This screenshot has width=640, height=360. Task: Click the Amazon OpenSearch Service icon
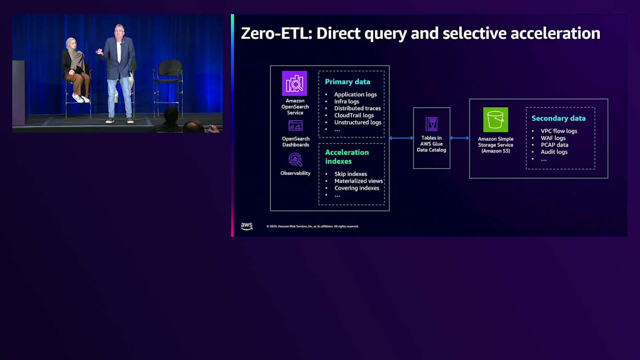[294, 83]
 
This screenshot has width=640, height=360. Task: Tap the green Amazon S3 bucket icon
[495, 119]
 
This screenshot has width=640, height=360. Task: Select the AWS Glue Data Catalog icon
[431, 124]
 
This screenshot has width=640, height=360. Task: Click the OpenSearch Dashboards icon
[295, 126]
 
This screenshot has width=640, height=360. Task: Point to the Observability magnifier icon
[295, 159]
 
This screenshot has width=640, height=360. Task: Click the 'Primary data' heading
[348, 82]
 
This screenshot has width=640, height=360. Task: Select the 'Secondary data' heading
[558, 118]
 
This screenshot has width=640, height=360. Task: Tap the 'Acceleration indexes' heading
[347, 156]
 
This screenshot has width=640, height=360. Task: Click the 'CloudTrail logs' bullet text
[354, 115]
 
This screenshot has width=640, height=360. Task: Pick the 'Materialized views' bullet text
[358, 181]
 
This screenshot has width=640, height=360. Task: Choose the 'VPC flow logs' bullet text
[559, 131]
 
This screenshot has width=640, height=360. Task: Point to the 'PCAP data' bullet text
[554, 145]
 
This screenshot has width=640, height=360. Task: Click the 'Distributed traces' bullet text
[357, 108]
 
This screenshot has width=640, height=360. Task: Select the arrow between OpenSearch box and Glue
[401, 138]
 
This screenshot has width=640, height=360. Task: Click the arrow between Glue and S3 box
[460, 138]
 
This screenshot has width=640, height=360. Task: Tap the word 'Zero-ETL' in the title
[276, 33]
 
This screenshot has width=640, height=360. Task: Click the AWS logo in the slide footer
[246, 226]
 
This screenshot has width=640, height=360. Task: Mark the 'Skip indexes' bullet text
[350, 174]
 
